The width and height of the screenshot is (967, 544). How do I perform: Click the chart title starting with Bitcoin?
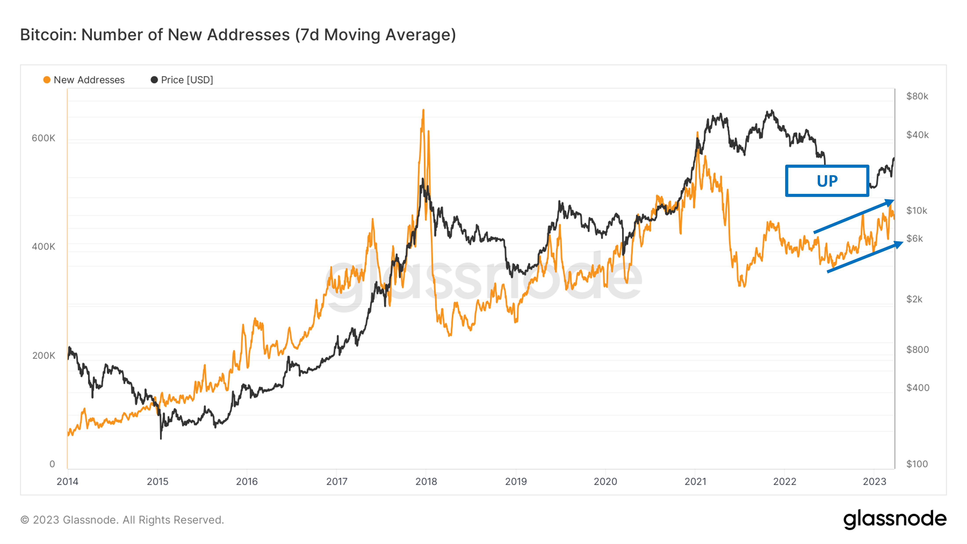tap(238, 35)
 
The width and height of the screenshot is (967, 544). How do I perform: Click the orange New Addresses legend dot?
tap(47, 80)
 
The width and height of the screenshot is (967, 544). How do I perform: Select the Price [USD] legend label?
tap(187, 80)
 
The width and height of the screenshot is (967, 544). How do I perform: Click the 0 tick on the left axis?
tap(52, 464)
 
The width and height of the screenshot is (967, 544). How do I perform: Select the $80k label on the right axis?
tap(917, 96)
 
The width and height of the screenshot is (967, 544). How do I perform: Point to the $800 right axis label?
tap(917, 350)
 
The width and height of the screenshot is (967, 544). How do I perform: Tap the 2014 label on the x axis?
tap(68, 481)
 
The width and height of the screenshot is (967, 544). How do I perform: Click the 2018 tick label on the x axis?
tap(426, 481)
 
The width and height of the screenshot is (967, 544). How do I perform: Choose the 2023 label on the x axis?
tap(874, 481)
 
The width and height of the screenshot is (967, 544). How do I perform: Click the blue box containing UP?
tap(827, 181)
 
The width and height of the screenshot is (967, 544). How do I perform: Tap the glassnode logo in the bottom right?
tap(894, 520)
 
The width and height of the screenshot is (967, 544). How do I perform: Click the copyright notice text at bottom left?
tap(122, 520)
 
